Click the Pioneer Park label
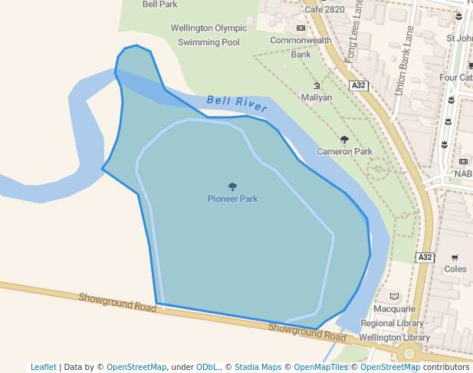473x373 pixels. [232, 199]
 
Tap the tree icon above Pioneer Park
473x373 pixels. [232, 186]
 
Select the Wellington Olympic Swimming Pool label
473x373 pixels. [209, 35]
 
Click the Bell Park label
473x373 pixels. [159, 4]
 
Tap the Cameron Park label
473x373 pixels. [344, 152]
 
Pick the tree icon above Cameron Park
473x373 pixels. [344, 140]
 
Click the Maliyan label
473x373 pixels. [317, 97]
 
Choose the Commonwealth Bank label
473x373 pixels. [301, 47]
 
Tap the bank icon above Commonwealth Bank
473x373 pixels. [301, 28]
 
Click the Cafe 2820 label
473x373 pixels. [324, 9]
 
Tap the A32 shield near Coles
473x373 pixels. [425, 258]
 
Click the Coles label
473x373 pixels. [455, 269]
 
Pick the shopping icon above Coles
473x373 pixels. [455, 258]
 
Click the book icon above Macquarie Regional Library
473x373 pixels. [394, 296]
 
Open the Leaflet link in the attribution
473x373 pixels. [43, 367]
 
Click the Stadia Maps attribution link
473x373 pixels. [256, 367]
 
